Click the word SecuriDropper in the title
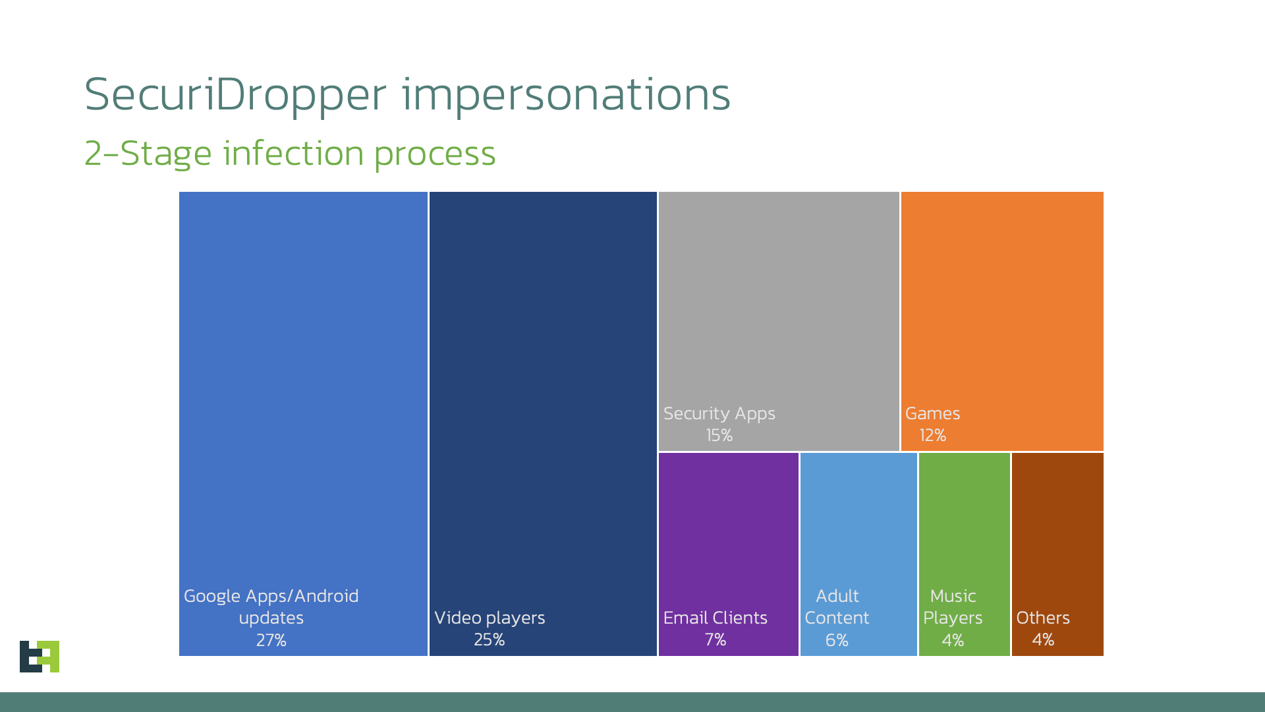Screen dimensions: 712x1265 [x=235, y=95]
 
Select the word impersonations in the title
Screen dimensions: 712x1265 [x=566, y=95]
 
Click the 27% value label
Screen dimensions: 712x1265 [x=271, y=640]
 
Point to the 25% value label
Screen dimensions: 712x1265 [x=489, y=639]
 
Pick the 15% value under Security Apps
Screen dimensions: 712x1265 [x=719, y=435]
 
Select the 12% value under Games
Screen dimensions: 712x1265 [x=932, y=435]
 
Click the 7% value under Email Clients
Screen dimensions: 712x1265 [x=715, y=639]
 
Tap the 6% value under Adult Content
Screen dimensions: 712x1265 [x=837, y=640]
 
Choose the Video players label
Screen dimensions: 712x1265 [x=490, y=618]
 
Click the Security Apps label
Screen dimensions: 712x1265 [x=719, y=413]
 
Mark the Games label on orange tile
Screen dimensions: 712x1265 [x=932, y=413]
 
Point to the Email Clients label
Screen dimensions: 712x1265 [x=715, y=618]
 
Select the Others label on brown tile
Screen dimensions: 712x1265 [x=1042, y=618]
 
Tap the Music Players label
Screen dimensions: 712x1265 [x=953, y=607]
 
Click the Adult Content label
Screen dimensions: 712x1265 [x=837, y=607]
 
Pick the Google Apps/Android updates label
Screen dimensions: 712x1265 [x=271, y=607]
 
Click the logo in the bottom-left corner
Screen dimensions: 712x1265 [x=40, y=657]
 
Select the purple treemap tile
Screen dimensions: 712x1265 [x=728, y=527]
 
